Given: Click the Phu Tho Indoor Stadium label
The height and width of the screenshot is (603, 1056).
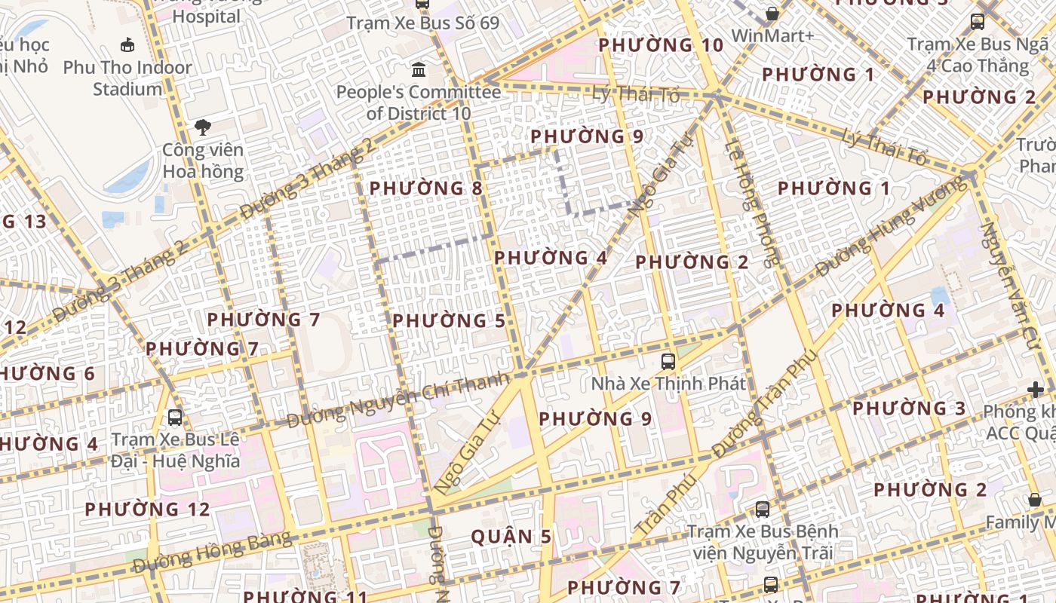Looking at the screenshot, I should pos(127,78).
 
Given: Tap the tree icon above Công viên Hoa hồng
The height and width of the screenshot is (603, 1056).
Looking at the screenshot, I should pos(202,127).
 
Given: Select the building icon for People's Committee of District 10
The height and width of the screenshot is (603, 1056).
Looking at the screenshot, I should pos(419,71).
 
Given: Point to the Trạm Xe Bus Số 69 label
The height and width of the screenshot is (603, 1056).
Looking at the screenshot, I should pos(422,23).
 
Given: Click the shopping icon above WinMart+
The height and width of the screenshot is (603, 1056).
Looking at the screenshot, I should pos(772,14).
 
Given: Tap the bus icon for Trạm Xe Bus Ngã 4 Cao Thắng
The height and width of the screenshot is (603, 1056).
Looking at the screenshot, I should pos(978,22).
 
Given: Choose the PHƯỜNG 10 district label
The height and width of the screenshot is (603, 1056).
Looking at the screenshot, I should pos(661,45).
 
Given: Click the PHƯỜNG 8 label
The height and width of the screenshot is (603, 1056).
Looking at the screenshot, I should pos(425,188).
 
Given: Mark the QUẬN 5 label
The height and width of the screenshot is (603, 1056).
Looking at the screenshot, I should pos(511,537).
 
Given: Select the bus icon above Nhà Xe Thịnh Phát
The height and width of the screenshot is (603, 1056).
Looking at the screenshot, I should pos(668,361).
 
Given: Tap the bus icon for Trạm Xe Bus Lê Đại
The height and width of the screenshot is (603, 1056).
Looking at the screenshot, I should pos(175,417).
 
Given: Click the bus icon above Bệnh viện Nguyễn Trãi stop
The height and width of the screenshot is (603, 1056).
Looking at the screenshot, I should pos(763,509).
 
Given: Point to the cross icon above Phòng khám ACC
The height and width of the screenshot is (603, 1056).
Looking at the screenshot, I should pos(1036,390).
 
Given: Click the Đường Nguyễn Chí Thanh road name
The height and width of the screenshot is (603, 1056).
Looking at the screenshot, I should pos(398,400).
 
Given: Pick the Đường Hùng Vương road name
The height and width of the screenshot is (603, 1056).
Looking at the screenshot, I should pos(891,225).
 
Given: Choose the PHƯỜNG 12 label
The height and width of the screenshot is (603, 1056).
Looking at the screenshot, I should pos(147,510).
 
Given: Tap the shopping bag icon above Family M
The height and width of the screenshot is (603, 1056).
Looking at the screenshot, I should pos(1035,500).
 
